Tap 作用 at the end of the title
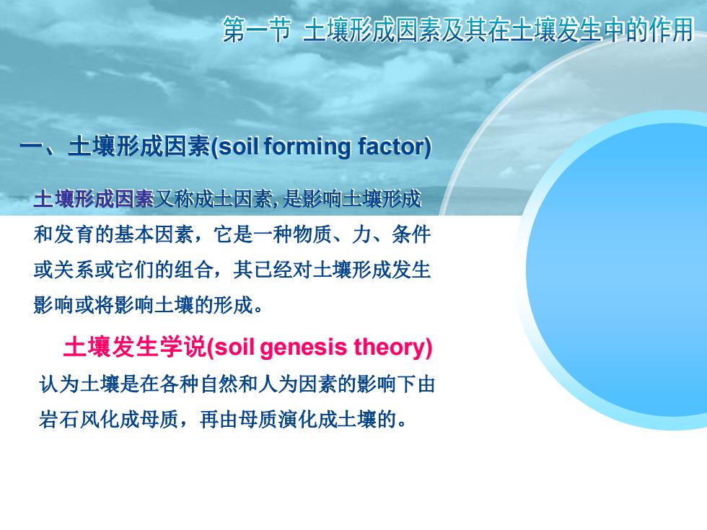pyautogui.click(x=671, y=30)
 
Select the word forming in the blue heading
pyautogui.click(x=307, y=147)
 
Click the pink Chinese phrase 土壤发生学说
pyautogui.click(x=134, y=348)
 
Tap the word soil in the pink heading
pyautogui.click(x=232, y=347)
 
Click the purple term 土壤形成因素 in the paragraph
pyautogui.click(x=94, y=199)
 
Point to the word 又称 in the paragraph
pyautogui.click(x=174, y=199)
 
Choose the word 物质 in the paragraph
pyautogui.click(x=312, y=234)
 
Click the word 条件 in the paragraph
pyautogui.click(x=411, y=234)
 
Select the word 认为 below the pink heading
pyautogui.click(x=59, y=384)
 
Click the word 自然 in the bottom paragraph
pyautogui.click(x=219, y=384)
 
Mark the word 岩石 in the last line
pyautogui.click(x=59, y=420)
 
